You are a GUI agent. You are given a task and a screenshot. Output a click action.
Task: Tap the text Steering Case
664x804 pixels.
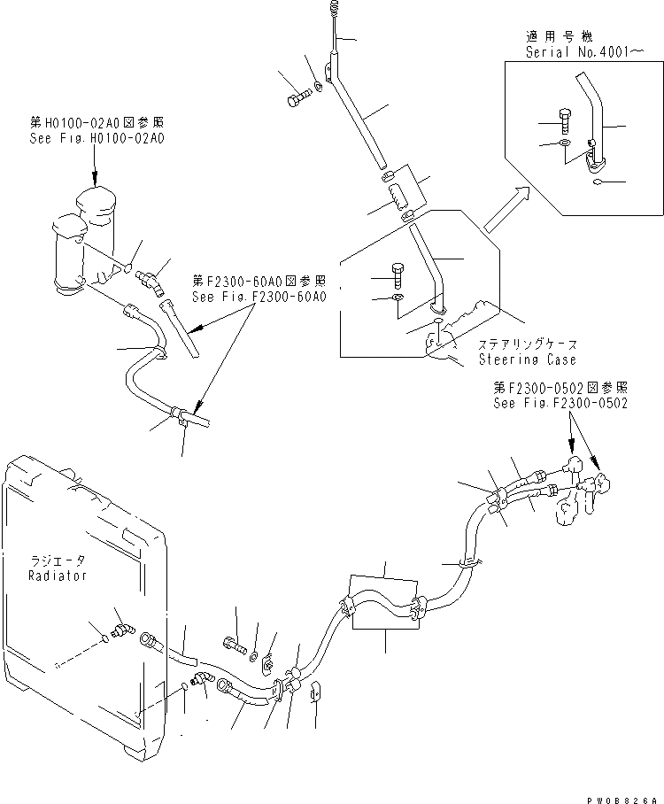tap(527, 359)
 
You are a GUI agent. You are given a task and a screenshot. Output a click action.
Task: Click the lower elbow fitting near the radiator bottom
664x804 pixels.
tap(204, 680)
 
